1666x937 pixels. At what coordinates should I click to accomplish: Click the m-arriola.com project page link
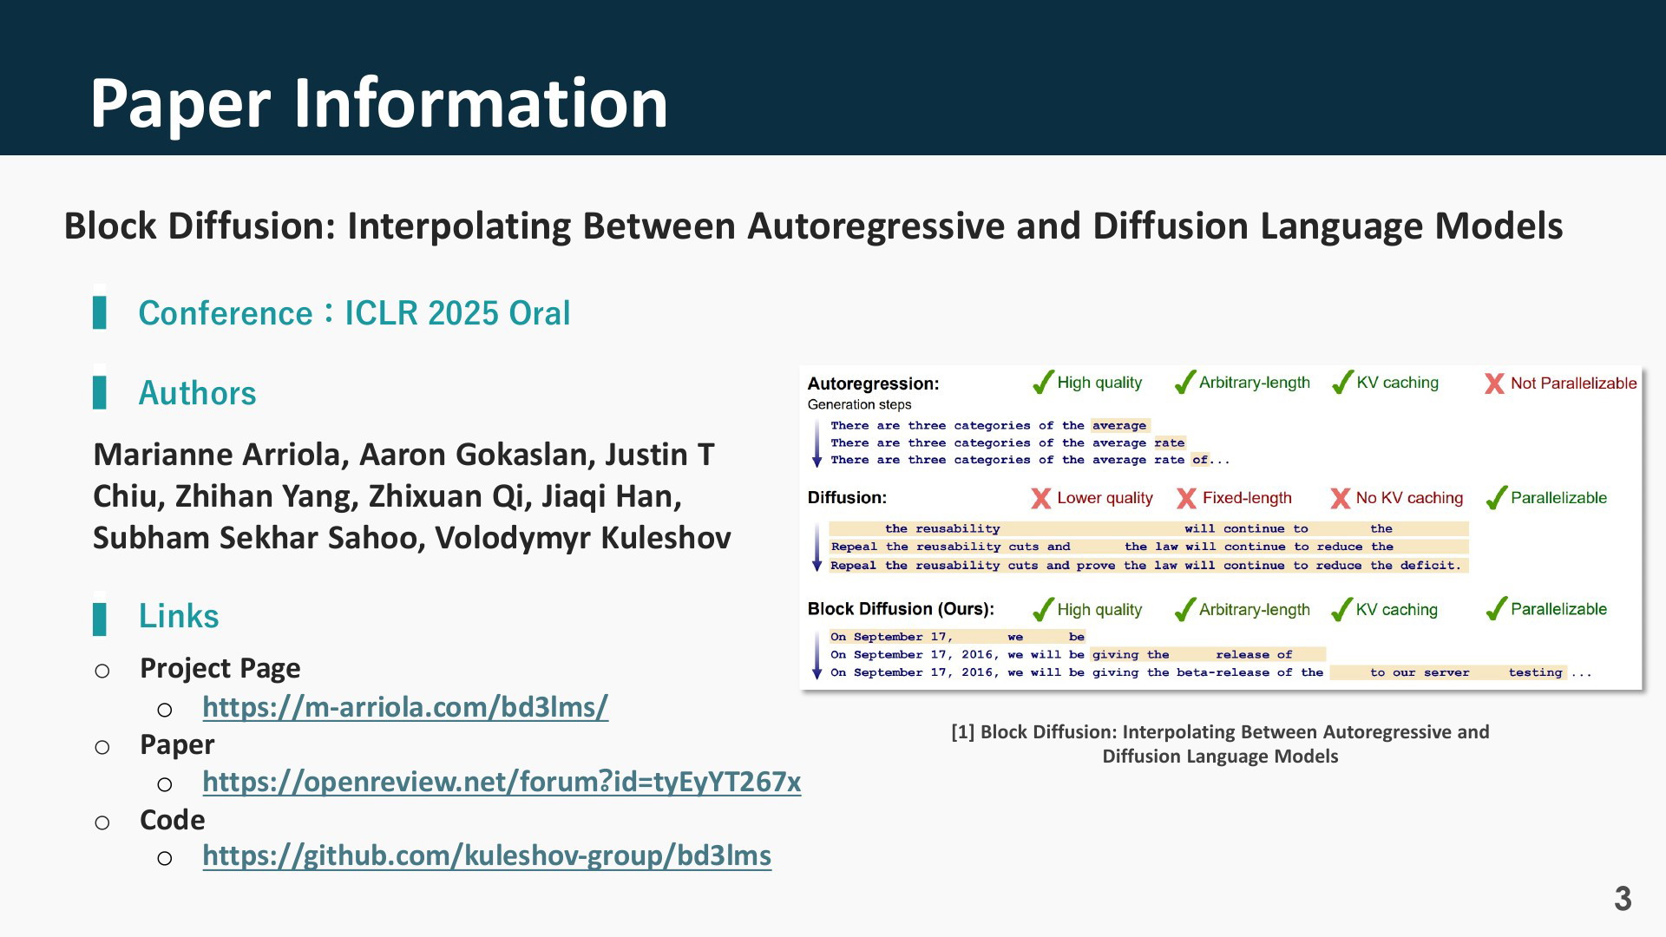pyautogui.click(x=405, y=707)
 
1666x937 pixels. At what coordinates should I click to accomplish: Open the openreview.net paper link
pyautogui.click(x=502, y=782)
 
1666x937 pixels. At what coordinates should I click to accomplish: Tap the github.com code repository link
pyautogui.click(x=487, y=855)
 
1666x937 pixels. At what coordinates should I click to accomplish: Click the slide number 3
pyautogui.click(x=1623, y=899)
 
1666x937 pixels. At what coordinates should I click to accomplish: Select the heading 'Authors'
pyautogui.click(x=197, y=393)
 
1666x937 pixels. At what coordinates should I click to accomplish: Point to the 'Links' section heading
pyautogui.click(x=179, y=616)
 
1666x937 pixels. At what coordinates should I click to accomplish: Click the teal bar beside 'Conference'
pyautogui.click(x=100, y=312)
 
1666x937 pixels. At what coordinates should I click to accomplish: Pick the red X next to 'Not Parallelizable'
pyautogui.click(x=1494, y=383)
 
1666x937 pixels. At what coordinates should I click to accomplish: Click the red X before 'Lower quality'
pyautogui.click(x=1041, y=498)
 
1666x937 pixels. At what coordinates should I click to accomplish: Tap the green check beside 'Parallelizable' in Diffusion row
pyautogui.click(x=1496, y=497)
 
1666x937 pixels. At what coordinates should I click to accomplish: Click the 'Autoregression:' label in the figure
pyautogui.click(x=873, y=383)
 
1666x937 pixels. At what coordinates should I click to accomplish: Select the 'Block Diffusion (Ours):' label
pyautogui.click(x=901, y=609)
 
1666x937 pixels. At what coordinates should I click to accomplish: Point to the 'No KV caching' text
pyautogui.click(x=1409, y=498)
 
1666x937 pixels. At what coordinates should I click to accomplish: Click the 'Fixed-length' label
pyautogui.click(x=1247, y=498)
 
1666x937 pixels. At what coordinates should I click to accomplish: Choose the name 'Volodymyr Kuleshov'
pyautogui.click(x=583, y=538)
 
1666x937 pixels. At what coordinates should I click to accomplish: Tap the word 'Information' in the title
pyautogui.click(x=481, y=103)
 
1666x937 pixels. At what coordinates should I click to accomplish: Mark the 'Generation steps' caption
pyautogui.click(x=859, y=404)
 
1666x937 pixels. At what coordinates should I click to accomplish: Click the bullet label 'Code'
pyautogui.click(x=173, y=820)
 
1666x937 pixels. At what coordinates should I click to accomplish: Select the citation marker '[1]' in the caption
pyautogui.click(x=963, y=732)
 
